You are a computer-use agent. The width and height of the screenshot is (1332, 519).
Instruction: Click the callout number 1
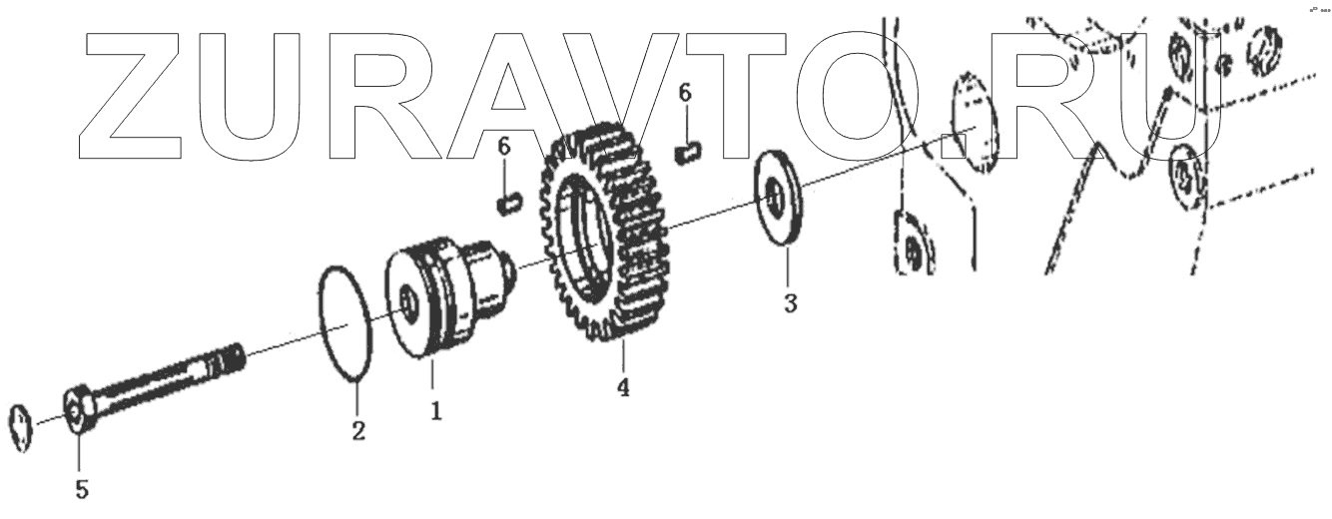pyautogui.click(x=436, y=409)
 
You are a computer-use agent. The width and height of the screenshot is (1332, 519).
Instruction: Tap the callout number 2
pyautogui.click(x=357, y=431)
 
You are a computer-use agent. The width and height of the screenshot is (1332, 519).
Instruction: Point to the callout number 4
pyautogui.click(x=623, y=387)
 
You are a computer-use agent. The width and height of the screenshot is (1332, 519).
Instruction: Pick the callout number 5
pyautogui.click(x=83, y=489)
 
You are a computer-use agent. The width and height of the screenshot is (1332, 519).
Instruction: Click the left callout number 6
pyautogui.click(x=504, y=148)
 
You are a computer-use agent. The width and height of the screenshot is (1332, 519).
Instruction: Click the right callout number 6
pyautogui.click(x=684, y=93)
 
